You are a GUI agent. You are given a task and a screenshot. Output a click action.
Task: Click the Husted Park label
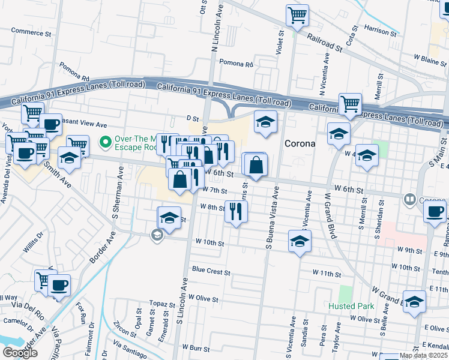click(x=351, y=306)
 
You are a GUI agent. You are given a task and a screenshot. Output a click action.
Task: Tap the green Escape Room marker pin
click(x=106, y=142)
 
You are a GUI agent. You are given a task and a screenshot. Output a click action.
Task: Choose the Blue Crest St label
click(x=211, y=272)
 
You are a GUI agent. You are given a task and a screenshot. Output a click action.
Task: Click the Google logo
click(x=20, y=353)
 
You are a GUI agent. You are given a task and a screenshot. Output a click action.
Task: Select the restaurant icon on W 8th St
click(x=236, y=211)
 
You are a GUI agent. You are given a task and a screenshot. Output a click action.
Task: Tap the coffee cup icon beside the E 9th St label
click(x=435, y=212)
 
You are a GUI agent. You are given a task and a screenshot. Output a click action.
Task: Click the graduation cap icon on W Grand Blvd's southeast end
click(x=414, y=302)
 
